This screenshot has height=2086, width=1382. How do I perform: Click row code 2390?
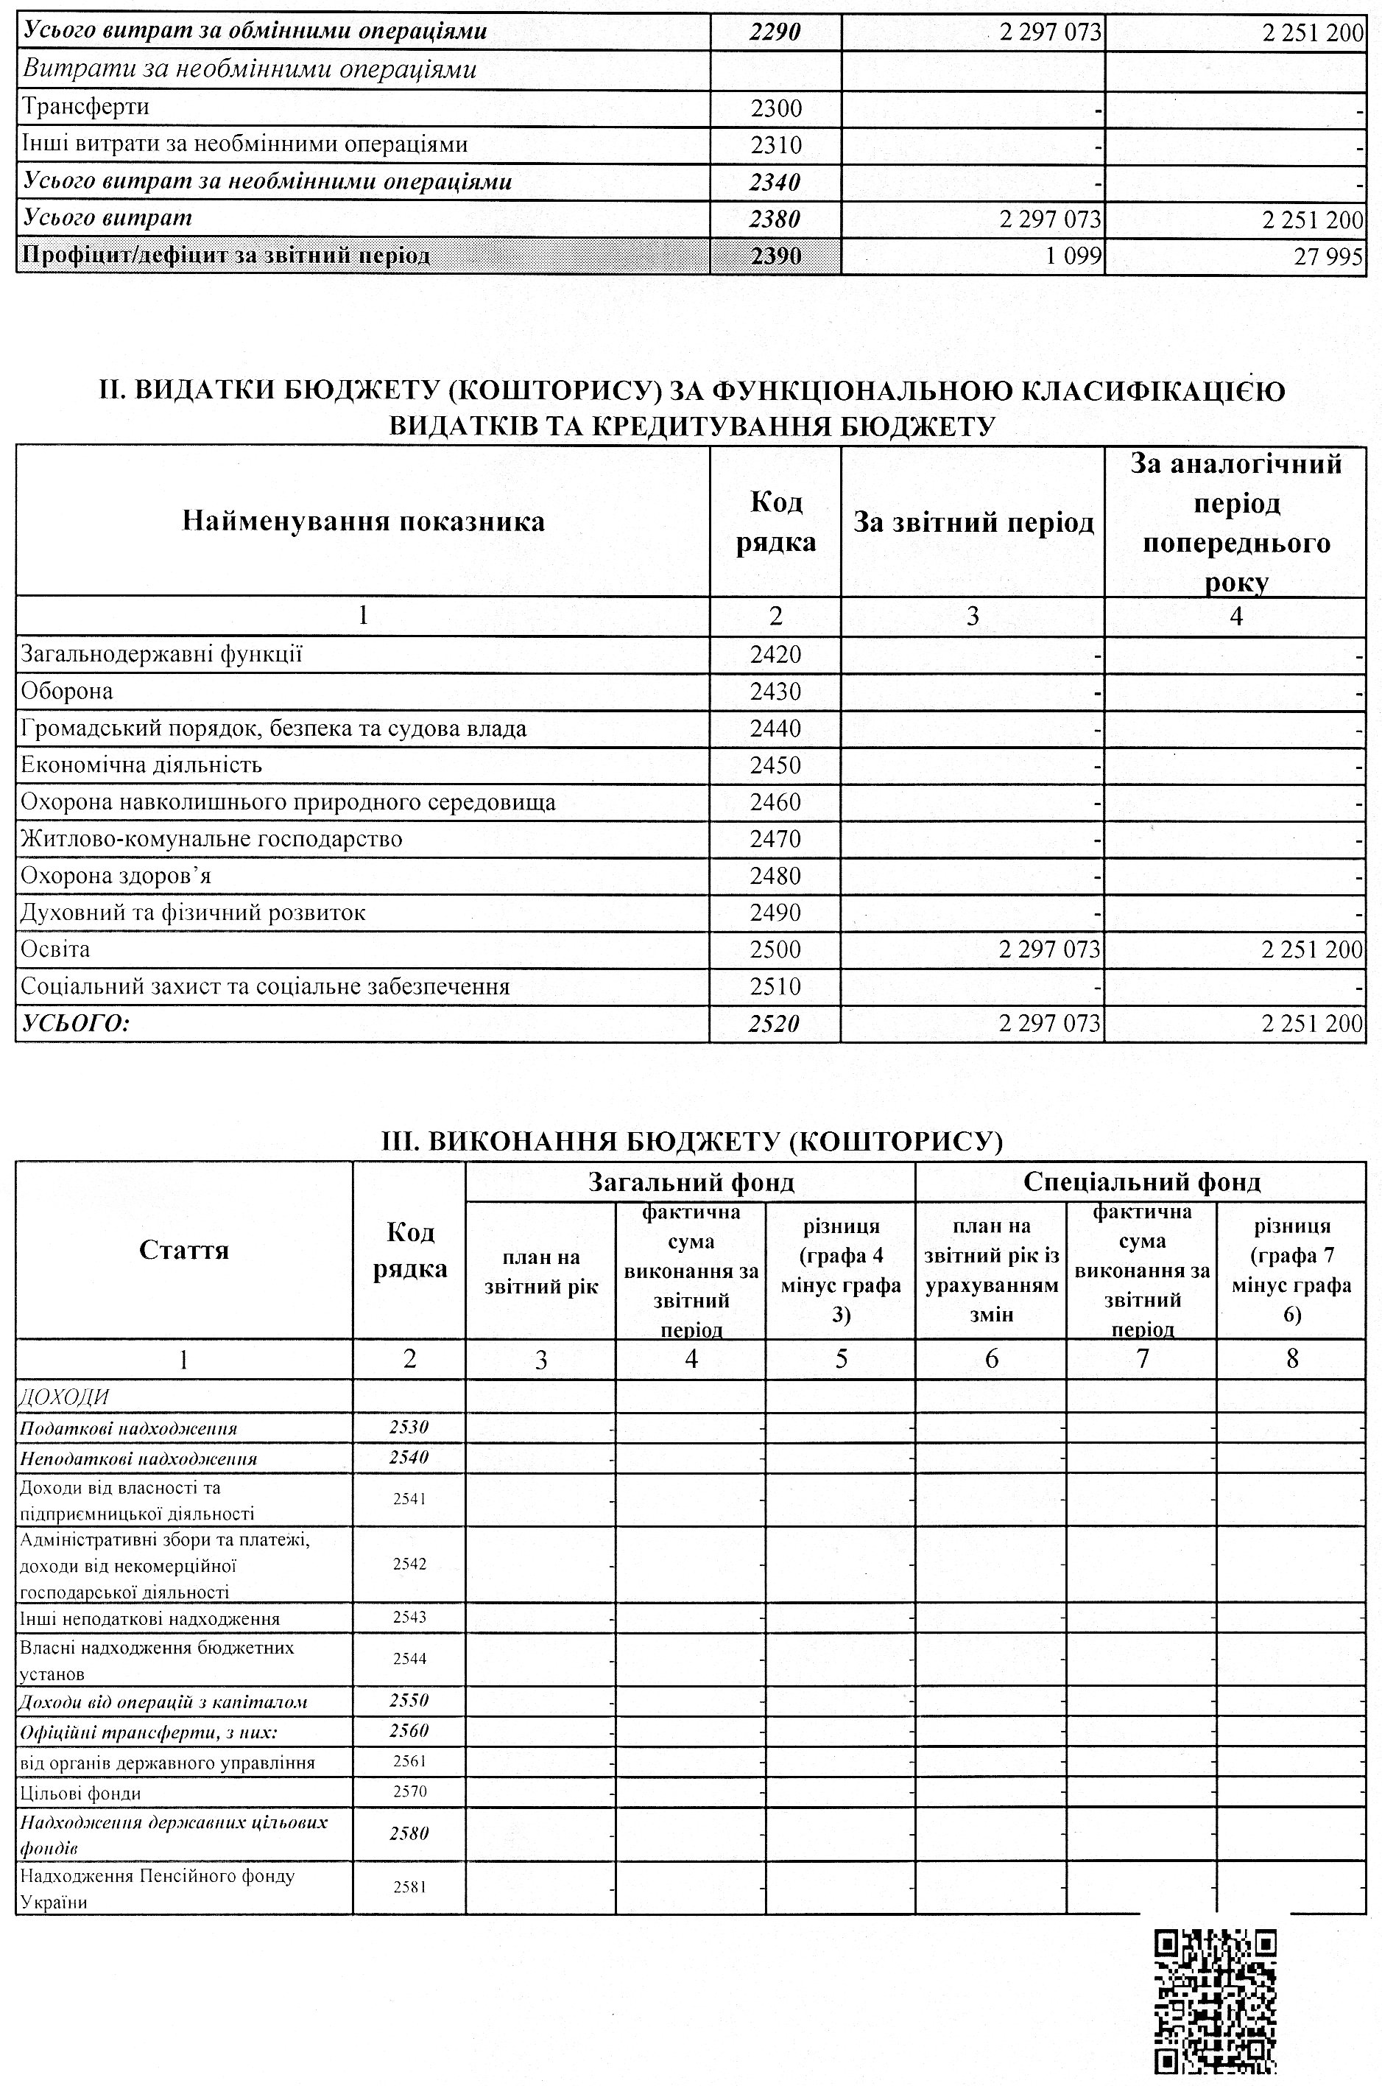coord(775,256)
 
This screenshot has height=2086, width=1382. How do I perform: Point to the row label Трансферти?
coord(85,108)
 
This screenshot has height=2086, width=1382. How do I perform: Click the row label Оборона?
coord(67,691)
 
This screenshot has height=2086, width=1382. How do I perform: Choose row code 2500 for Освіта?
coord(775,949)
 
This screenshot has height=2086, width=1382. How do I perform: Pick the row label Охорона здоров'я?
coord(116,877)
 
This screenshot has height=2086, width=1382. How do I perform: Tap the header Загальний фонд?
coord(691,1181)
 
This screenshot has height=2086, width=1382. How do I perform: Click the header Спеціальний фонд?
coord(1141,1181)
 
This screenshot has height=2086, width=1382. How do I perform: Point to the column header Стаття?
coord(184,1250)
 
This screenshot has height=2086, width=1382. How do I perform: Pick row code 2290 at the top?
coord(775,32)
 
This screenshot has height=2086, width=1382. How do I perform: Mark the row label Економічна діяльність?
coord(141,765)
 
